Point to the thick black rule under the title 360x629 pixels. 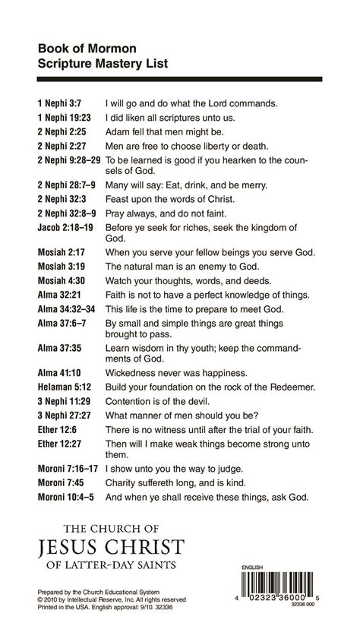point(179,78)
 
